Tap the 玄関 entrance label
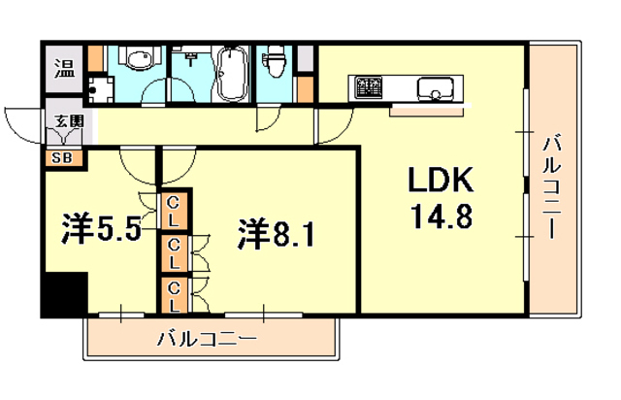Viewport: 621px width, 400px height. pos(67,121)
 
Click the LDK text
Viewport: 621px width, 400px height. pos(438,182)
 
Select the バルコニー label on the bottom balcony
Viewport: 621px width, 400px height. pos(207,340)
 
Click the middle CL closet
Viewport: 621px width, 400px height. pos(175,251)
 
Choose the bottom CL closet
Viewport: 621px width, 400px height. pos(175,295)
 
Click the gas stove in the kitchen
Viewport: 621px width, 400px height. pos(370,88)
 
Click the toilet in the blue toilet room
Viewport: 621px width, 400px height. pos(276,65)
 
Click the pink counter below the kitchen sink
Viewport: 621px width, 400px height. pos(427,108)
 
